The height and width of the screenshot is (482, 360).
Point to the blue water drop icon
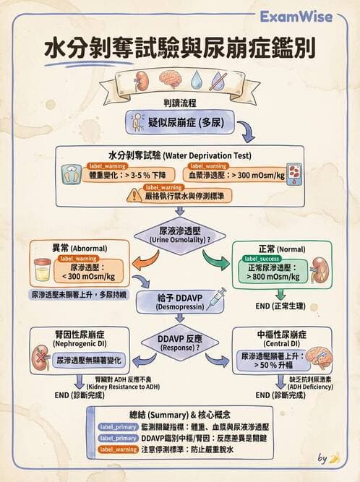(196, 79)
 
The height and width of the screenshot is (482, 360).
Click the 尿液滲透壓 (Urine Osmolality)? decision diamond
(180, 234)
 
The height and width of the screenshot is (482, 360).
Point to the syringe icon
(216, 296)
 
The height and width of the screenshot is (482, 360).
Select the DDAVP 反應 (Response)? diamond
(180, 343)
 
